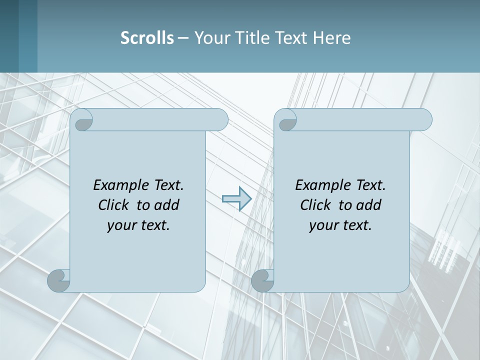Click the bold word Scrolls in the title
pos(147,38)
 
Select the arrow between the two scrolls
pos(236,199)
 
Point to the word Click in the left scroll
pos(115,205)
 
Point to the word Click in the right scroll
pos(317,205)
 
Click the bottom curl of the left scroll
pos(59,280)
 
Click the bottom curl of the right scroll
pos(262,280)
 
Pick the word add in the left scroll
pos(166,205)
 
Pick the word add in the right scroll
pos(368,205)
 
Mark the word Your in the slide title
pos(210,38)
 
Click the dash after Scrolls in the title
pos(183,38)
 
